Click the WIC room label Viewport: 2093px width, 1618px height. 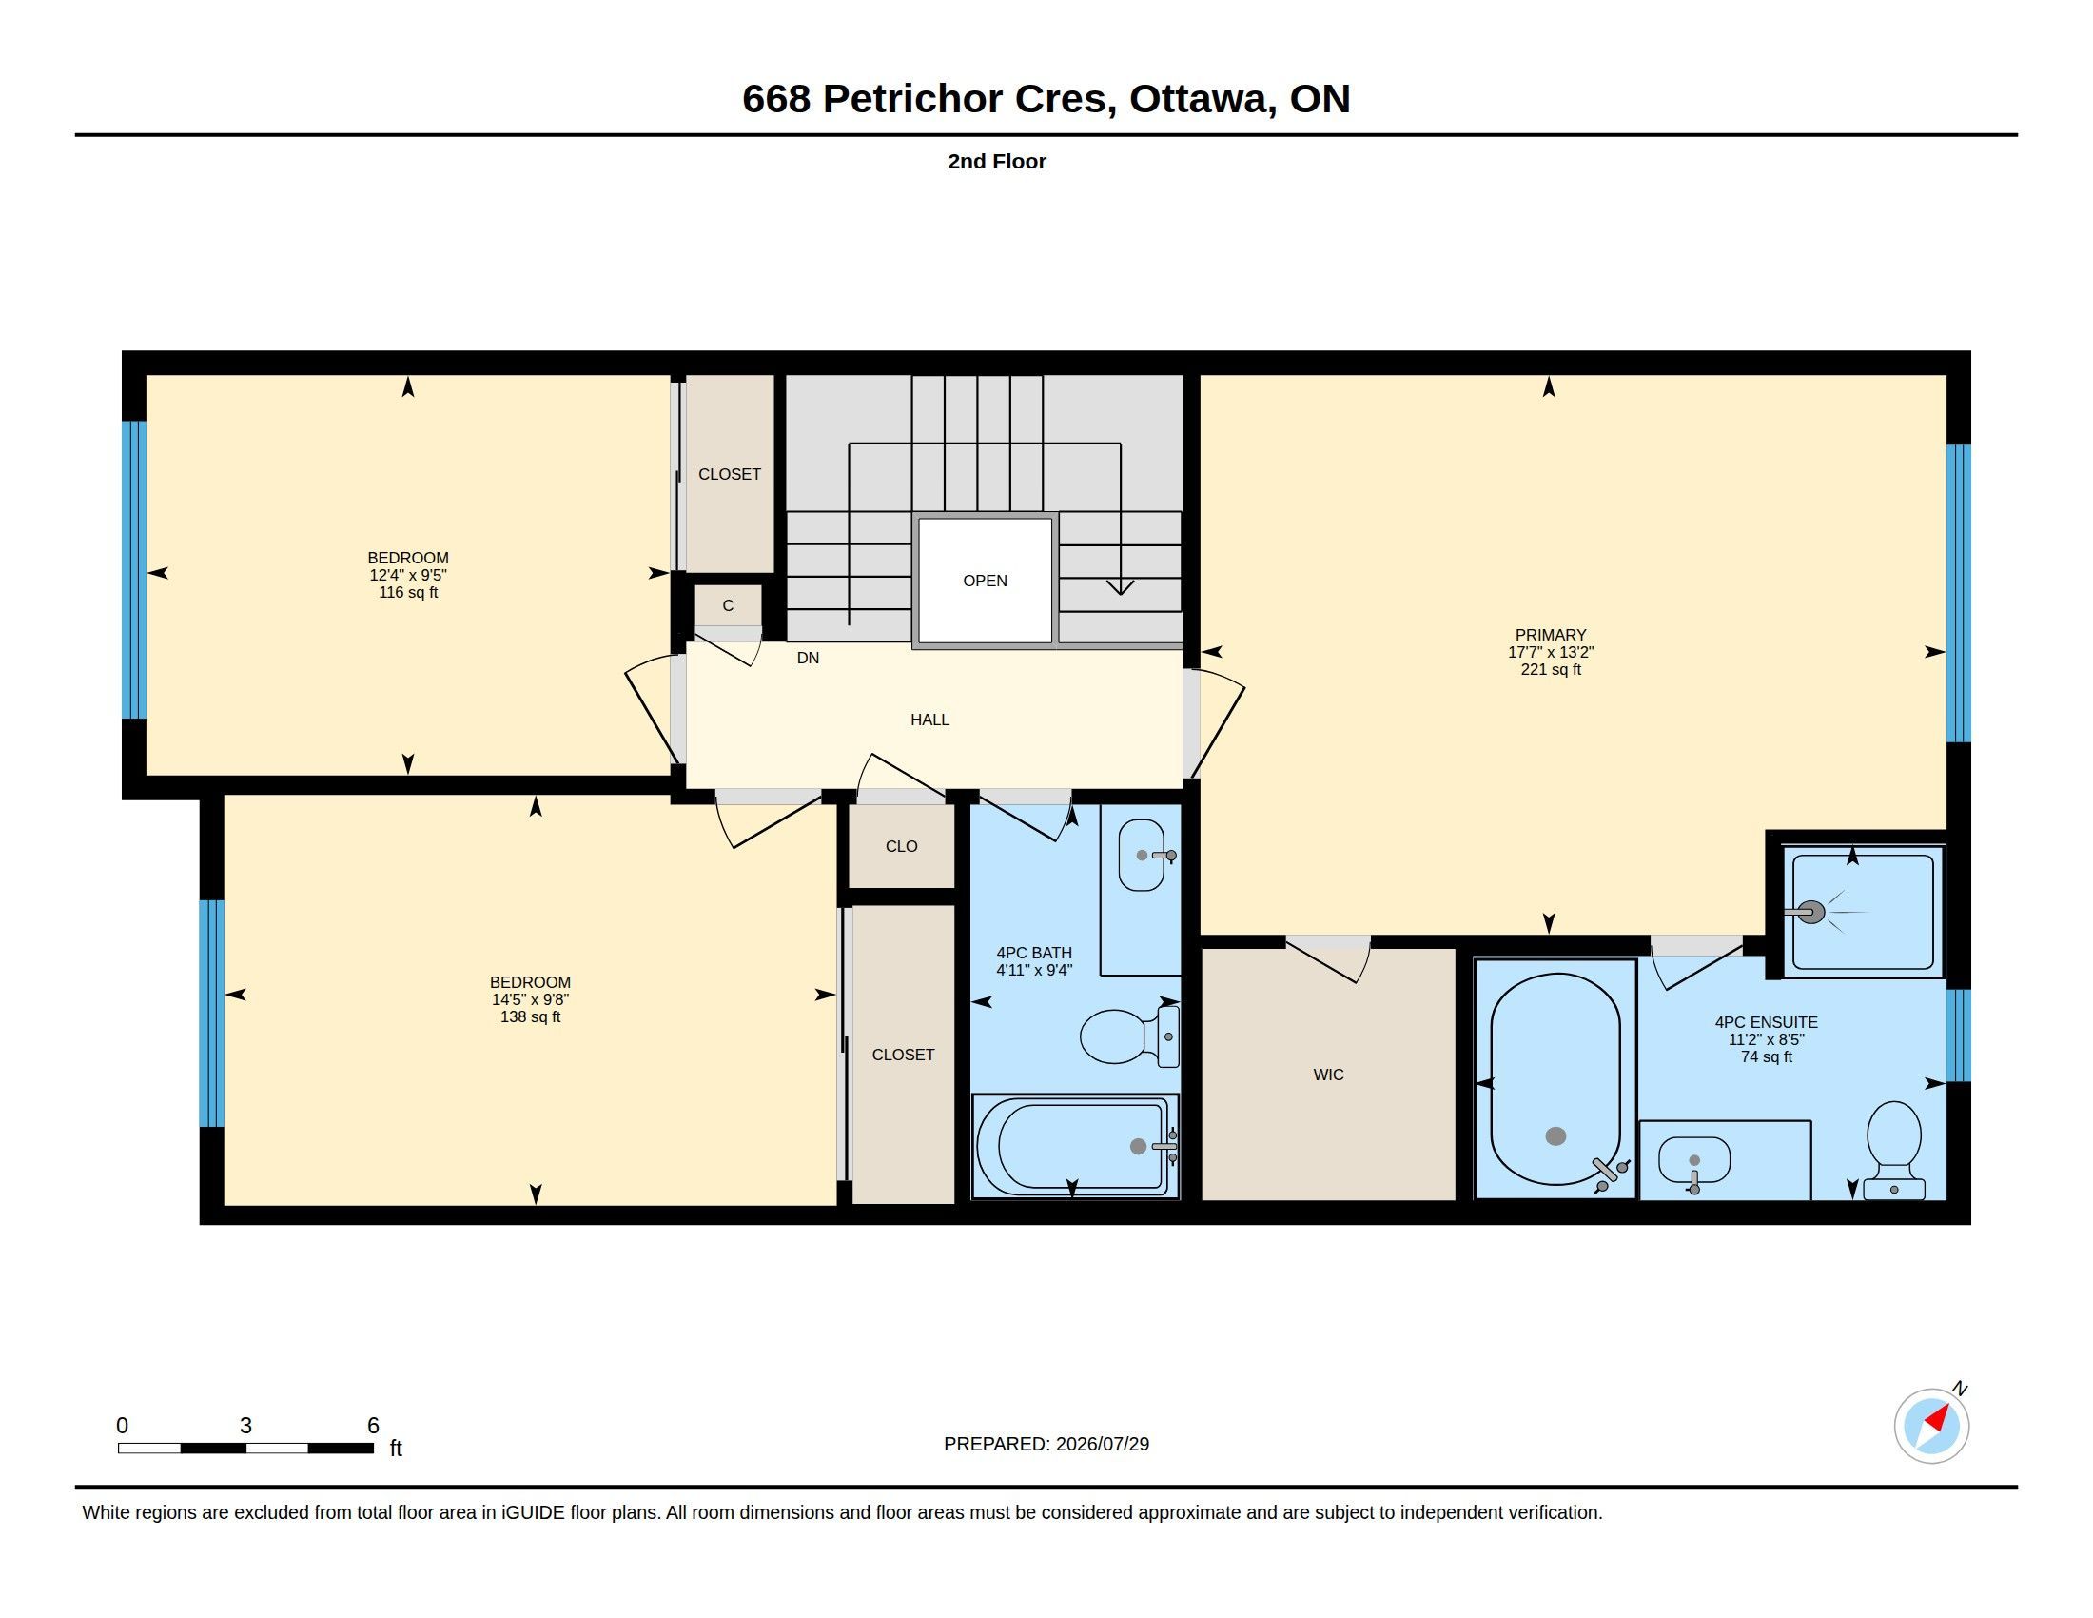pos(1328,1075)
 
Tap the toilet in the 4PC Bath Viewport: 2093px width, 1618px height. pos(1129,1036)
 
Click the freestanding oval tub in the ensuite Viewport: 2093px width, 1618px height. pos(1555,1079)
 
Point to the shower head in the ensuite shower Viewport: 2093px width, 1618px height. pos(1809,912)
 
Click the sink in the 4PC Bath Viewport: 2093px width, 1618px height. pos(1143,855)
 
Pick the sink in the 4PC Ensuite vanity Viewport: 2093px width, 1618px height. pos(1693,1160)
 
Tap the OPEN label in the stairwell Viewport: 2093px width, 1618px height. pos(986,581)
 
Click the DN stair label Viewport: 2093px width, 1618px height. pos(808,658)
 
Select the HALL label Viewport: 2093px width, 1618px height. pos(929,720)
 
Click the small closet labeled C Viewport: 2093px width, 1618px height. pos(729,605)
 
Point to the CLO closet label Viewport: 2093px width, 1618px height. pos(902,846)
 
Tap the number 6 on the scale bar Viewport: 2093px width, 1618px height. pos(374,1426)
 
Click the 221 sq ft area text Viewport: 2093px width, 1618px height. pos(1551,669)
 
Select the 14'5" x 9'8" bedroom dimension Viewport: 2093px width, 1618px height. pos(530,998)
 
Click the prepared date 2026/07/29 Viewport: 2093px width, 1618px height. pos(1102,1444)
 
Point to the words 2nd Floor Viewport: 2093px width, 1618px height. pos(997,161)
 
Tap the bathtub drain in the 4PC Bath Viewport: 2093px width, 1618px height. pos(1138,1147)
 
